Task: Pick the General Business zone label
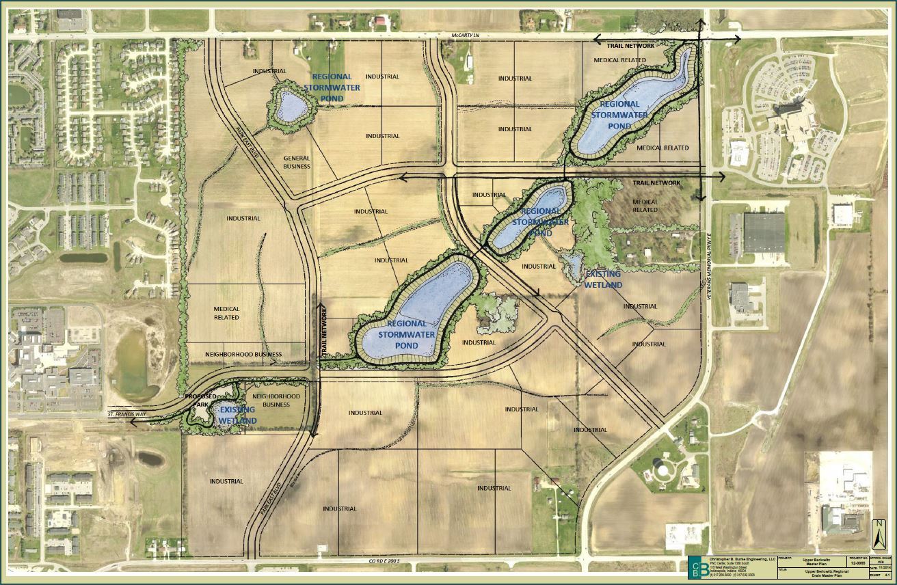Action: point(297,162)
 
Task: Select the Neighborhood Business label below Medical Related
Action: point(243,355)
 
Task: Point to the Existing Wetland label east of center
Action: point(604,279)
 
